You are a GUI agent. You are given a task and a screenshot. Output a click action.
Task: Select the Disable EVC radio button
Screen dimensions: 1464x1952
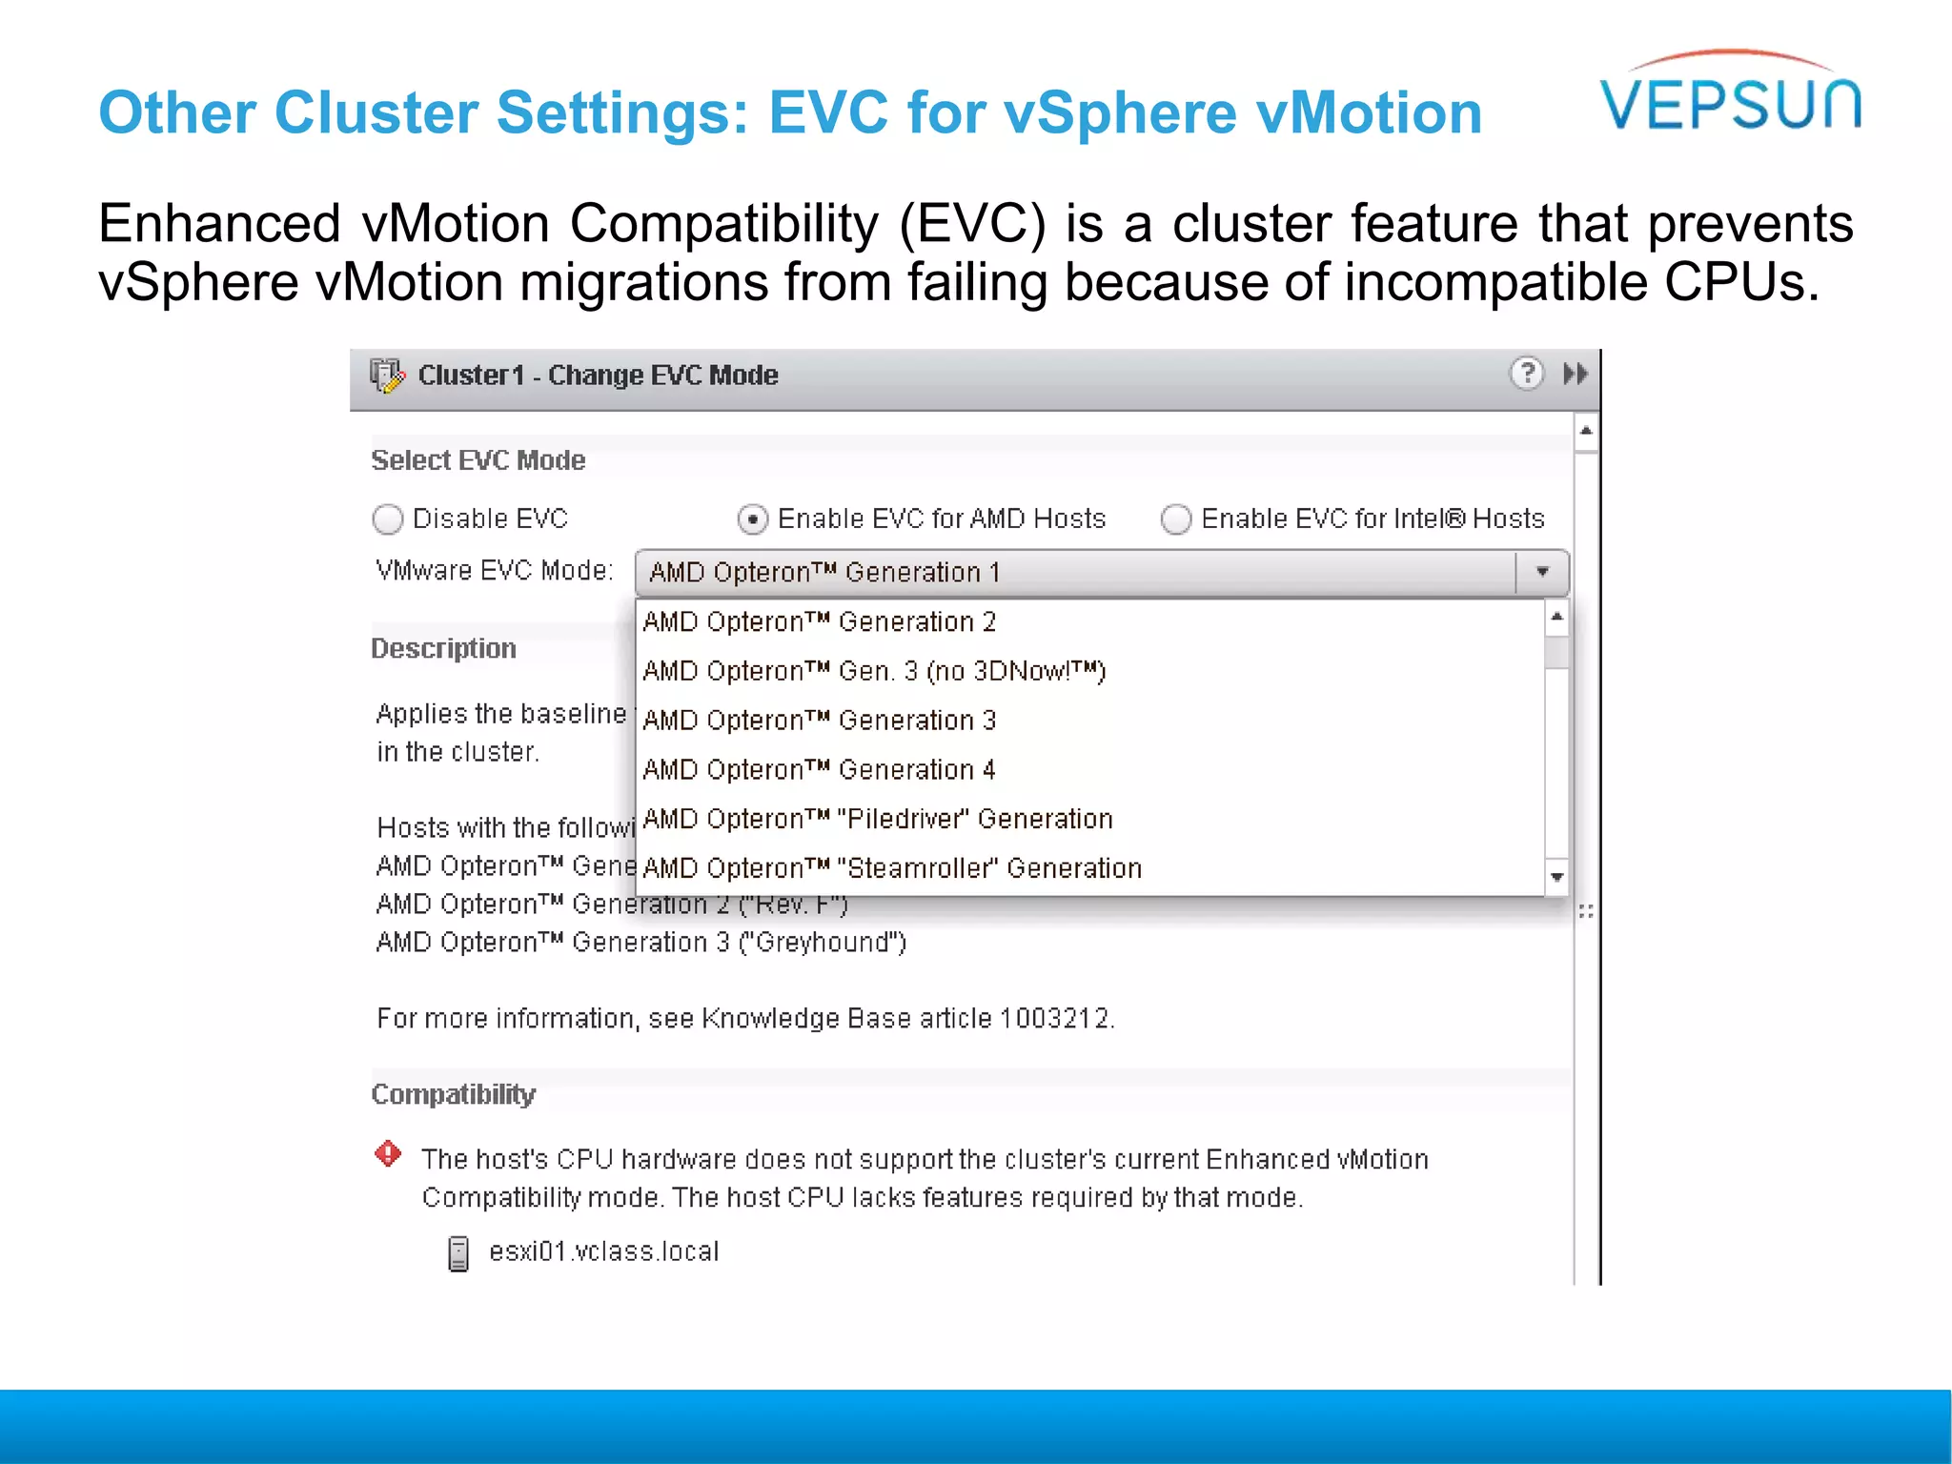pyautogui.click(x=388, y=519)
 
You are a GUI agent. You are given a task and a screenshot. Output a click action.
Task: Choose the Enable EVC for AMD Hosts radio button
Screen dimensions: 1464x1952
pyautogui.click(x=753, y=519)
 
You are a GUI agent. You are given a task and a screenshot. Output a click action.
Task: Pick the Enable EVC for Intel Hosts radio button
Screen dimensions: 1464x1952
pyautogui.click(x=1176, y=519)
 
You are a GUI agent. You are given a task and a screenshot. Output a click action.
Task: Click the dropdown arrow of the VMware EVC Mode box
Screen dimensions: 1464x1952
pyautogui.click(x=1542, y=572)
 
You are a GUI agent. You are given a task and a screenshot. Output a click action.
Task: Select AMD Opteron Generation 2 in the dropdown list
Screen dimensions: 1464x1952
pyautogui.click(x=820, y=622)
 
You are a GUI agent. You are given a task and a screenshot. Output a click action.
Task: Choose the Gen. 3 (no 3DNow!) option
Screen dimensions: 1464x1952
pyautogui.click(x=874, y=672)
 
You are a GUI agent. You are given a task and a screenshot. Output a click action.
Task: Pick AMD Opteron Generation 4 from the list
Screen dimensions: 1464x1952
pyautogui.click(x=820, y=770)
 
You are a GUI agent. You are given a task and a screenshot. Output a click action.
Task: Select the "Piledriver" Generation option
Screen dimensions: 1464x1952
pyautogui.click(x=878, y=820)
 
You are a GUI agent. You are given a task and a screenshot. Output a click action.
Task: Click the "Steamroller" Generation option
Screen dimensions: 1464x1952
pyautogui.click(x=892, y=869)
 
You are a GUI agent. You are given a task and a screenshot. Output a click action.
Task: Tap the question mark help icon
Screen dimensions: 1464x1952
pyautogui.click(x=1527, y=374)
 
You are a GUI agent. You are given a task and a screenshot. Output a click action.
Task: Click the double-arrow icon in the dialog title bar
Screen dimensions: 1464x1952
pyautogui.click(x=1576, y=374)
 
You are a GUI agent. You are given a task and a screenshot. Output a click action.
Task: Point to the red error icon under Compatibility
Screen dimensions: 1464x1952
pyautogui.click(x=388, y=1154)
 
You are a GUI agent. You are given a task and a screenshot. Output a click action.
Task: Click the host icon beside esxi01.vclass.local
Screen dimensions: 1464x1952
pyautogui.click(x=458, y=1253)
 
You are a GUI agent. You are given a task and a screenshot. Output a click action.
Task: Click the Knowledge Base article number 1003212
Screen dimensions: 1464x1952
pyautogui.click(x=1055, y=1019)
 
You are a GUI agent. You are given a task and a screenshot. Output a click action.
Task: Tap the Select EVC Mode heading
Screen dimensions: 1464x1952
pyautogui.click(x=478, y=460)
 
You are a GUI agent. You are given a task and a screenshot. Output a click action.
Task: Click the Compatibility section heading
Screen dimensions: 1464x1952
pyautogui.click(x=453, y=1094)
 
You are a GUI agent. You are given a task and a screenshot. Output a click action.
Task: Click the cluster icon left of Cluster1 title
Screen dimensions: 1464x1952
pyautogui.click(x=387, y=376)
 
